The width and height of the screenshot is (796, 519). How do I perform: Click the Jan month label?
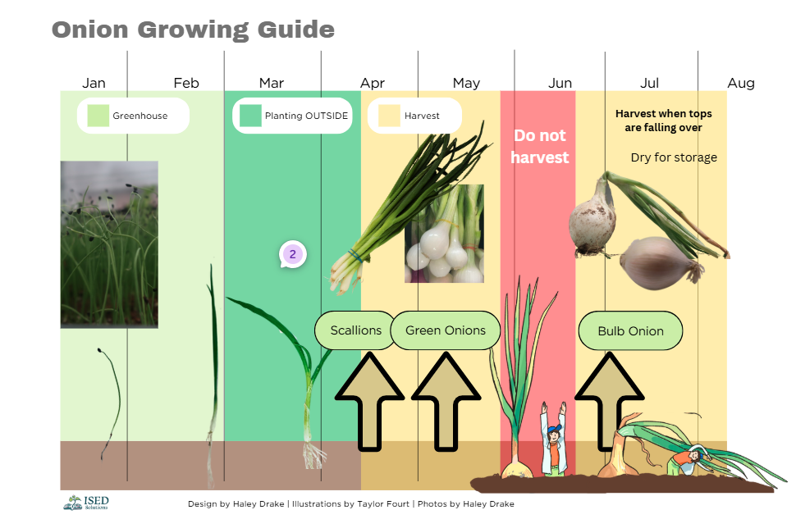pos(94,83)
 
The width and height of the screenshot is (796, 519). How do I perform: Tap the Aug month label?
pos(741,83)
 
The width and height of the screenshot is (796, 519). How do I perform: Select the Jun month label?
pos(560,83)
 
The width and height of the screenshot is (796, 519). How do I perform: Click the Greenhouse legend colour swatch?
pos(98,116)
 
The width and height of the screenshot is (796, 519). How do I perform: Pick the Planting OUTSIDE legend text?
pos(306,116)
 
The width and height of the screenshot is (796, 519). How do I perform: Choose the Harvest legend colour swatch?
pos(389,116)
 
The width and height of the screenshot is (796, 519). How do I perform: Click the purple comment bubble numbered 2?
pos(292,254)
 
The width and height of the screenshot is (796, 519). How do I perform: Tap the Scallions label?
pos(356,330)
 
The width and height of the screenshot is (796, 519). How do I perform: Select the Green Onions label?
pos(446,330)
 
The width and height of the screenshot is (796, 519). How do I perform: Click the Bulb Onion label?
pos(630,330)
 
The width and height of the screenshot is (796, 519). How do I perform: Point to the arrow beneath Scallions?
pos(369,402)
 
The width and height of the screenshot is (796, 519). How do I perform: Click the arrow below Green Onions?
pos(446,402)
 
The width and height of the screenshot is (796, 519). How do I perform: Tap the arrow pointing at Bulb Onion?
pos(609,401)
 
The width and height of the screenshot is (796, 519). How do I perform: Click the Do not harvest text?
pos(540,146)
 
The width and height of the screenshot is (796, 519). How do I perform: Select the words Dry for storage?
pos(674,157)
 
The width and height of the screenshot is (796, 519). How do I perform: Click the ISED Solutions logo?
pos(86,503)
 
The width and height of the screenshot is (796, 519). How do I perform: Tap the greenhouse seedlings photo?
pos(109,244)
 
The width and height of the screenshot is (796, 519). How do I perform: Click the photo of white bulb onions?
pos(444,234)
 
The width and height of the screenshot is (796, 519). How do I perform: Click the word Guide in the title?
pos(296,30)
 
